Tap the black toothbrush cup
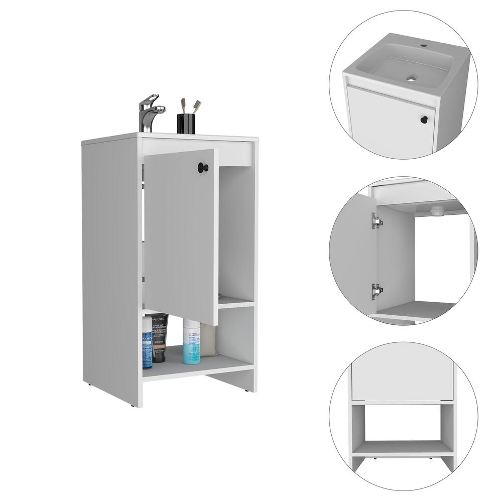[x=186, y=124]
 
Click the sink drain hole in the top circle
[x=412, y=78]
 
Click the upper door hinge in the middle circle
[x=376, y=221]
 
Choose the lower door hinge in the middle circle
[x=376, y=290]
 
